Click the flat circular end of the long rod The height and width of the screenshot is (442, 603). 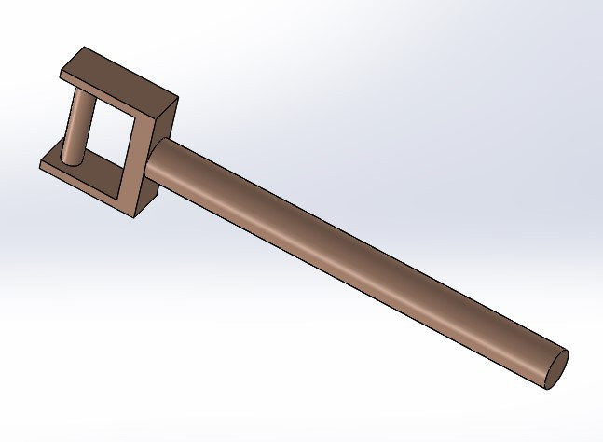click(x=554, y=368)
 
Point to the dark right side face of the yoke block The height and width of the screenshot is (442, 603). click(x=158, y=154)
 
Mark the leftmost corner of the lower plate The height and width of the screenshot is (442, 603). click(x=40, y=166)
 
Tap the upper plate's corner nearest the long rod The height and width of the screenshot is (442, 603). click(x=176, y=96)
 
